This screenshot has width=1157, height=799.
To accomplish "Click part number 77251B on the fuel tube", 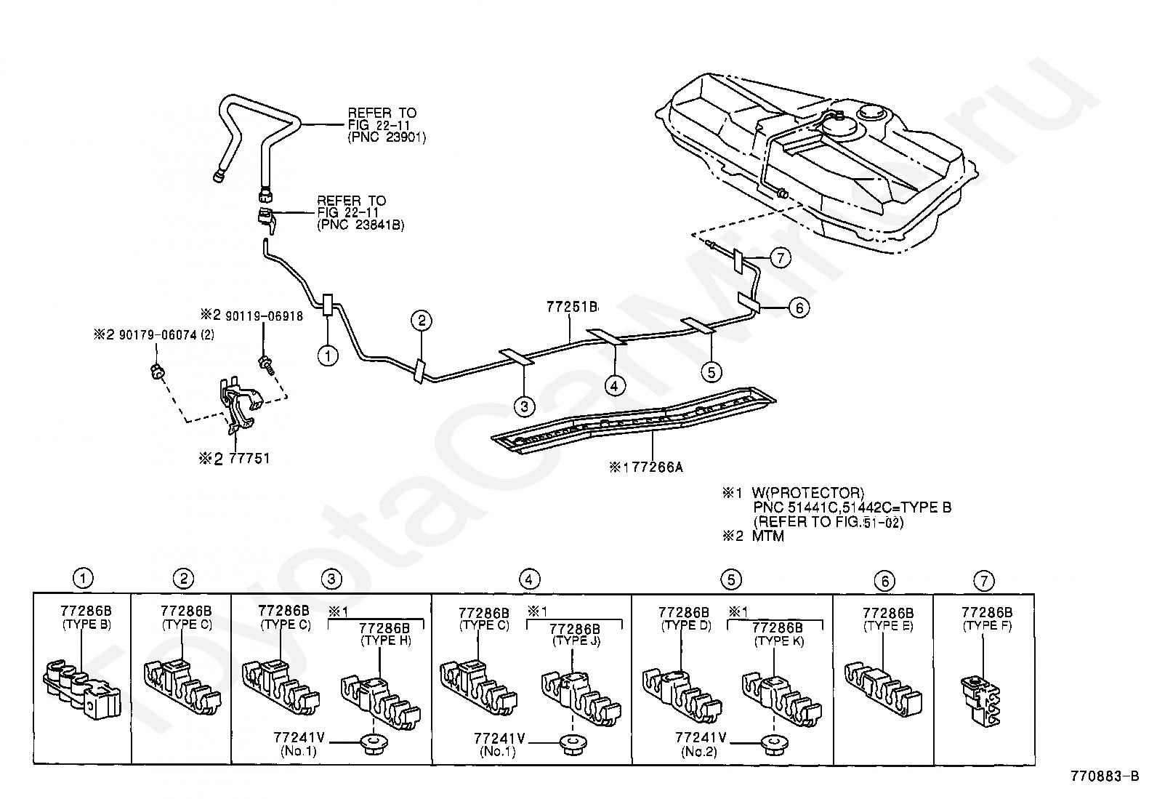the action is point(572,307).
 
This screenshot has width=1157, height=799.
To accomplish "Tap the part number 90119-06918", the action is point(264,316).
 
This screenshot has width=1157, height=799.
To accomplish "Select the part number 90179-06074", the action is point(158,335).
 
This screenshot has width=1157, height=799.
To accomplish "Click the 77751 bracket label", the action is point(249,459).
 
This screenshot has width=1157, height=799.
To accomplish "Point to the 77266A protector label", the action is point(657,467).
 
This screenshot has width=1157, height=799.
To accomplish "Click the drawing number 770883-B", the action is point(1105,776).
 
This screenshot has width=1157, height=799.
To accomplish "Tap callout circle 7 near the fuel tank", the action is point(781,257).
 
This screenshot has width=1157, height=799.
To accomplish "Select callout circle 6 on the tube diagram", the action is point(799,308).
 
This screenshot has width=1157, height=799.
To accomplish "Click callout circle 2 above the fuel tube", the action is point(422,321).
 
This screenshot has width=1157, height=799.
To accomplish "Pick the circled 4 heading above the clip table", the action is point(528,579).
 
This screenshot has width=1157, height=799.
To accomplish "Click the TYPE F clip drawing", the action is point(980,700).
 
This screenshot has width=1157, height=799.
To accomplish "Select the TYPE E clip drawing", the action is point(883,687).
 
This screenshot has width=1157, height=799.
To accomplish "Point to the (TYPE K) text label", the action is point(779,641).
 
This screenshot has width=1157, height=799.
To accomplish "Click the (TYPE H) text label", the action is point(386,641).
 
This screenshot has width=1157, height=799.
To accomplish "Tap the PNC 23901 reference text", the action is point(387,137).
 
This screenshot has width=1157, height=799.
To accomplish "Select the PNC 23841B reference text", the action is point(360,225).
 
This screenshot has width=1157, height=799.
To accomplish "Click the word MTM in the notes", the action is point(767,536).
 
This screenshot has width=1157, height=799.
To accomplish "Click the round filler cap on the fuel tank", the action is point(871,112).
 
